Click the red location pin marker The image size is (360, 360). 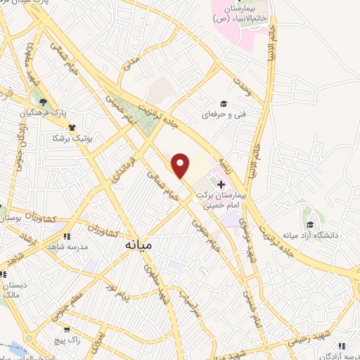coord(181,165)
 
